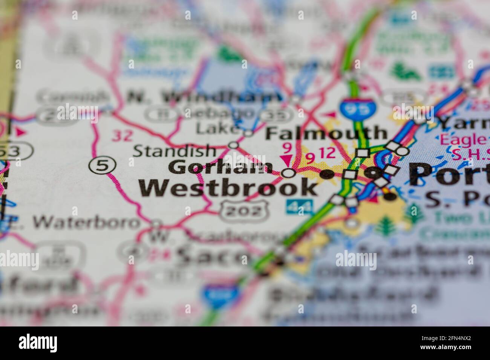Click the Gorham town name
coord(220,167)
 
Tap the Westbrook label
coord(228,188)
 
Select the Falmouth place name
coord(326,133)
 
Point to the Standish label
coord(175,151)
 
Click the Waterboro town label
coord(86,222)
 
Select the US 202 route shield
coord(240,211)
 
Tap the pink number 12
coord(326,153)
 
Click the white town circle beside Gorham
coord(289,173)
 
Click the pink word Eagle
coord(463,140)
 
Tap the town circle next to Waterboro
coord(156,223)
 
